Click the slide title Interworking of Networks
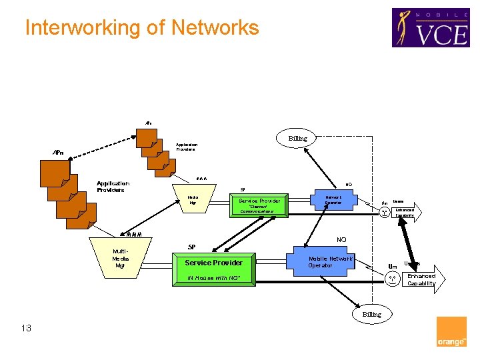141,28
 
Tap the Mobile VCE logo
430,27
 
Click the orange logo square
451,331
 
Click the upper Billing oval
298,139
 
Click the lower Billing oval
371,313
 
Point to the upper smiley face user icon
385,213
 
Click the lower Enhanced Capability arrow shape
421,279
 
